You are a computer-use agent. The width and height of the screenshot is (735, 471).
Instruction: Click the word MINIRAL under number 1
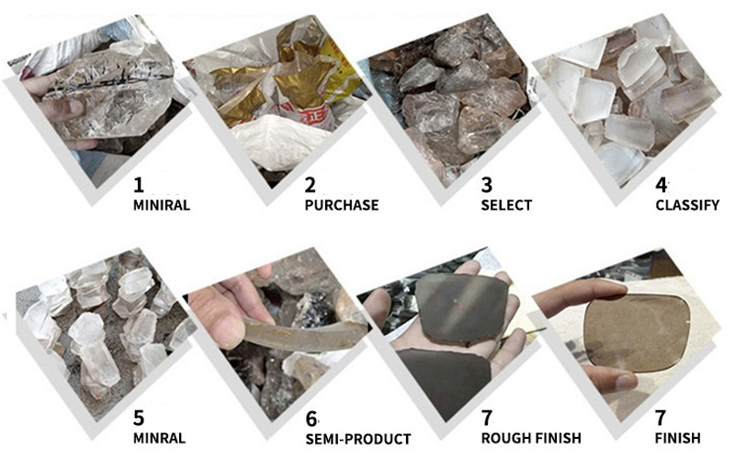point(162,205)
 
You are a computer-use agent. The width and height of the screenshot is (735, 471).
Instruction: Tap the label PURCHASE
point(342,205)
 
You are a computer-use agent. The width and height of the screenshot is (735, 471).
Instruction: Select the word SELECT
point(506,205)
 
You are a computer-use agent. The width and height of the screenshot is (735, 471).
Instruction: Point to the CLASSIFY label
point(687,205)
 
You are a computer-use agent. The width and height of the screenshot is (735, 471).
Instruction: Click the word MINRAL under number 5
point(159,438)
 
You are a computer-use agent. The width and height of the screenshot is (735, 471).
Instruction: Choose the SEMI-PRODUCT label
point(358,439)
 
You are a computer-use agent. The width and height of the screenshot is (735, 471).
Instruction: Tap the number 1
point(139,185)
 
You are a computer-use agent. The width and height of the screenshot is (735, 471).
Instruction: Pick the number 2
point(311,185)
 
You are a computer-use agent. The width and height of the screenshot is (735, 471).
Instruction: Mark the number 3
point(487,185)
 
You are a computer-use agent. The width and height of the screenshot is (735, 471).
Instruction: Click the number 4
point(661,185)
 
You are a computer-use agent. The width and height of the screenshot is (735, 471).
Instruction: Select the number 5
point(139,418)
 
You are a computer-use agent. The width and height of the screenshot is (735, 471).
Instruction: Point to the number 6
point(311,419)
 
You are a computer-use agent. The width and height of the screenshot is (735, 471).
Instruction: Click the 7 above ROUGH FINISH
point(487,418)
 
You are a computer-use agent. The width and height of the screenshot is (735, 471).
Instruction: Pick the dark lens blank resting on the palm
point(462,309)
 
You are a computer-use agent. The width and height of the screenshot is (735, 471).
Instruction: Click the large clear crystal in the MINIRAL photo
point(112,91)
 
